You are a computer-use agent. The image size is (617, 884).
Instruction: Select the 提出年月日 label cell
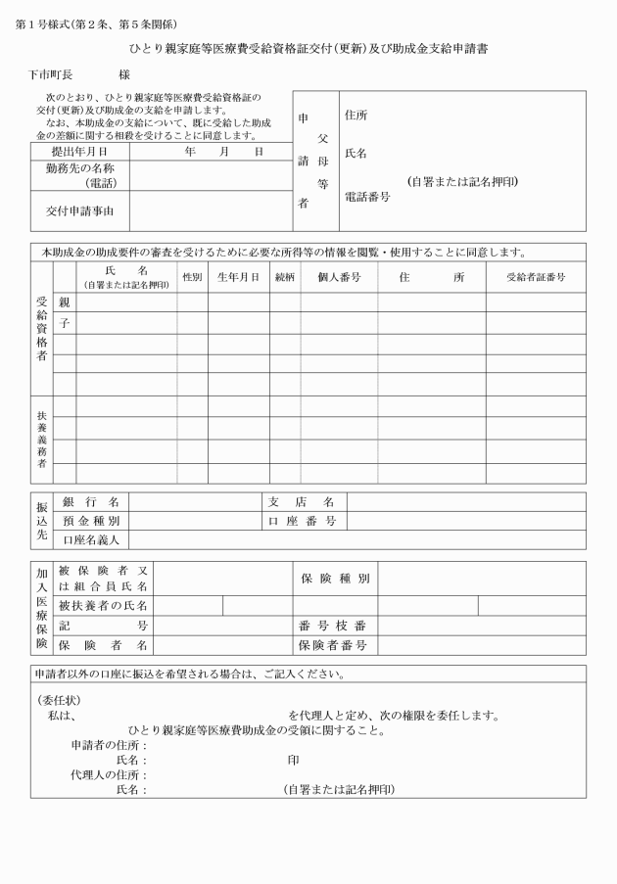click(x=77, y=152)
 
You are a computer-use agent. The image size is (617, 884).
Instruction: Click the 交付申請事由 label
click(x=79, y=210)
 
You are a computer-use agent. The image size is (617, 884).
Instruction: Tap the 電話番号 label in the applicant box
click(x=367, y=197)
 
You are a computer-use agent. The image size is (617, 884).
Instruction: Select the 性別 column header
click(x=192, y=277)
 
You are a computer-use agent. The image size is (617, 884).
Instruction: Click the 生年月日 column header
click(x=238, y=277)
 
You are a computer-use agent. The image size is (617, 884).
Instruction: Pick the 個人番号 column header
click(x=339, y=277)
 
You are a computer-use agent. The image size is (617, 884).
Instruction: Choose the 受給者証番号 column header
click(x=535, y=277)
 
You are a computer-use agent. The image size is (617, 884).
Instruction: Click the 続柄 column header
click(x=285, y=277)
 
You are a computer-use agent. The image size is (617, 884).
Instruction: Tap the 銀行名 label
click(x=90, y=502)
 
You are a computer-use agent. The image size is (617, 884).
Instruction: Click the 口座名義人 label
click(x=91, y=539)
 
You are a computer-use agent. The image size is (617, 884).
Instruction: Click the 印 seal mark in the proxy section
click(x=293, y=760)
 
